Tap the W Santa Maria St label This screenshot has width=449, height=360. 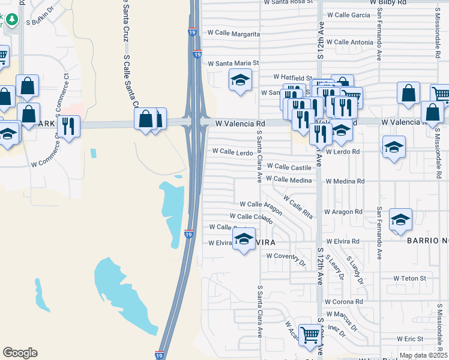[233, 62]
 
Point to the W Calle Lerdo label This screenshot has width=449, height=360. [232, 152]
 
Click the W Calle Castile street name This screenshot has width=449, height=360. [289, 166]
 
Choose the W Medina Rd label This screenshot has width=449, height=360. [345, 181]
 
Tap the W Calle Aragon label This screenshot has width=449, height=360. [261, 205]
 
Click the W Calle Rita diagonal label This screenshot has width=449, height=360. [298, 206]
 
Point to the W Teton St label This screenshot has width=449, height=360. [409, 278]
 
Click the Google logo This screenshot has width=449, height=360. [20, 353]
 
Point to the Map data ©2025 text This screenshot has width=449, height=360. [423, 355]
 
